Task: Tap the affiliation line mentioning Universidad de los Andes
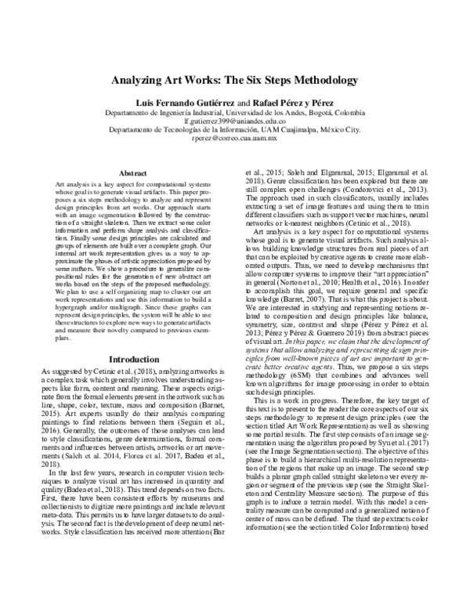[x=236, y=113]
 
